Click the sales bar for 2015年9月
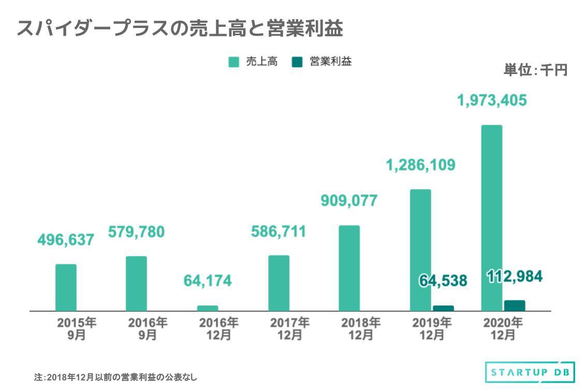coord(66,287)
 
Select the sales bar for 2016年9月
coord(136,283)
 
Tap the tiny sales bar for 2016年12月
coord(208,308)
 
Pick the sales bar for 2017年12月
coord(279,283)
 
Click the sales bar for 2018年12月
coord(349,268)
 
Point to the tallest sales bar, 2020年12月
coord(492,218)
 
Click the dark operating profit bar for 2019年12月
coord(443,308)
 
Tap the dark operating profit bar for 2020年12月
coord(515,306)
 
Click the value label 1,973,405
coord(492,100)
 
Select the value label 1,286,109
coord(420,165)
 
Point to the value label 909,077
coord(349,200)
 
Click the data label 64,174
coord(208,281)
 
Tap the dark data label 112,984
coord(515,277)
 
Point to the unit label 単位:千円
coord(535,70)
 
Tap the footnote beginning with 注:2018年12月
coord(115,377)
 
